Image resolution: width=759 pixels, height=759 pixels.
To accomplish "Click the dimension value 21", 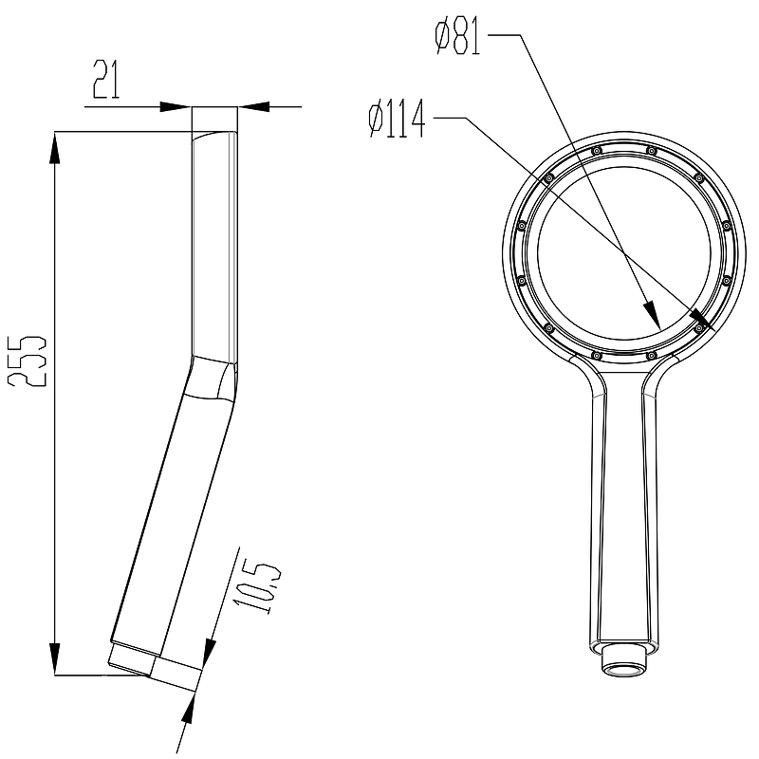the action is coord(106,80).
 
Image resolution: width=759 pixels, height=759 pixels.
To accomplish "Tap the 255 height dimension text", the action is coord(28,360).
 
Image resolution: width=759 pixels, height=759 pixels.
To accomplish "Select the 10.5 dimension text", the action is coord(257,588).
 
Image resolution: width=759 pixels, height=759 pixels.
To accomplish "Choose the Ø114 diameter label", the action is coord(397,118).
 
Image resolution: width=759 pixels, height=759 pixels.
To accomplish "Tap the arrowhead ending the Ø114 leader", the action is coord(702,320).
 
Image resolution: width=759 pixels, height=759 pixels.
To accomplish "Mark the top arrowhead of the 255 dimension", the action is coord(55,148).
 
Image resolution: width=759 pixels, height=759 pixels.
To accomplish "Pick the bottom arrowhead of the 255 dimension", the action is coord(55,658).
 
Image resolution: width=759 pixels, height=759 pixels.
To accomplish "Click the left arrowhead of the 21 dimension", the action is coord(176,106).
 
